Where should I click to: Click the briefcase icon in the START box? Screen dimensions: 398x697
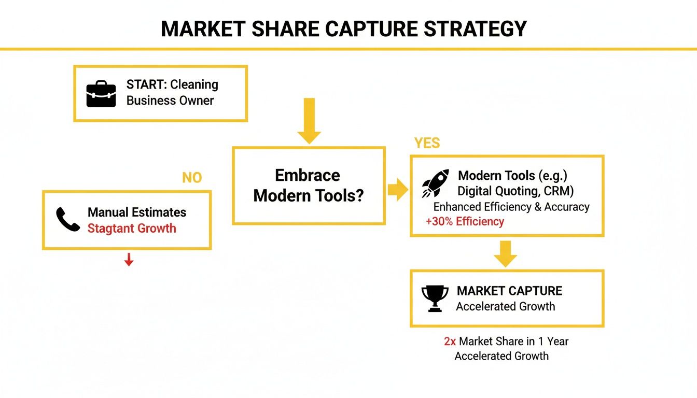click(101, 94)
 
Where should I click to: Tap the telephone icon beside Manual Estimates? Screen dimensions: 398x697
click(68, 220)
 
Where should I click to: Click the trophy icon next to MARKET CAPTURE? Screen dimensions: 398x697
click(435, 298)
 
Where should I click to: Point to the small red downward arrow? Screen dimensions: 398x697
click(129, 260)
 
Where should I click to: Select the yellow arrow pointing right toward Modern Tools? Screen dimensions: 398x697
click(398, 190)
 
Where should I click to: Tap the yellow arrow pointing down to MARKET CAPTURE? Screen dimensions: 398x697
click(506, 253)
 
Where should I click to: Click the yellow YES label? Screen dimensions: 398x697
click(427, 143)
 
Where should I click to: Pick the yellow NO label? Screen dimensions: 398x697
click(191, 178)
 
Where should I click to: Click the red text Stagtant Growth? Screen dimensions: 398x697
click(132, 229)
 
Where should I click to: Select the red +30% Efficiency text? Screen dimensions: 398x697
click(465, 222)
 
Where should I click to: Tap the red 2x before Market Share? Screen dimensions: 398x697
click(450, 342)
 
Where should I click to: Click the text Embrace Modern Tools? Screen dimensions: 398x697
click(308, 186)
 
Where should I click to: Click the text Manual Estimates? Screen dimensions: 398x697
click(137, 212)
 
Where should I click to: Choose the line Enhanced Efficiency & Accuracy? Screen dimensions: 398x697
click(511, 207)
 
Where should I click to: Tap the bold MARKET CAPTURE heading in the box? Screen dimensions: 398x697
click(509, 291)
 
